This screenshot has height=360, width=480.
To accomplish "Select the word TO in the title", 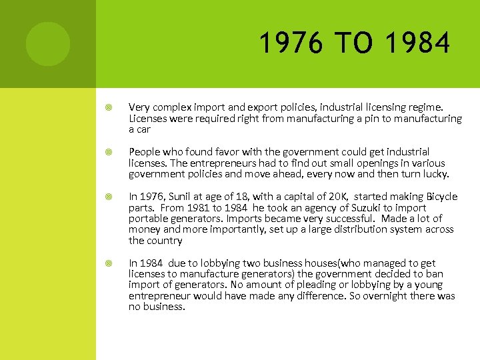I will (x=354, y=44).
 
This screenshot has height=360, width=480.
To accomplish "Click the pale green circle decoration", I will (x=48, y=44).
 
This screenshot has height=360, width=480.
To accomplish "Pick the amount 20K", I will (x=341, y=197).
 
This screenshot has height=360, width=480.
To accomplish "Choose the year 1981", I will (x=193, y=207).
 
